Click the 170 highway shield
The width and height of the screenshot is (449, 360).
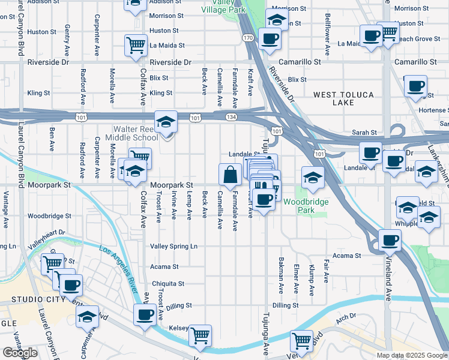(247, 37)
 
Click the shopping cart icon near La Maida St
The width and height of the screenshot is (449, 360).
(136, 45)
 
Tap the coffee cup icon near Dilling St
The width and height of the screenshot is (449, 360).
(144, 314)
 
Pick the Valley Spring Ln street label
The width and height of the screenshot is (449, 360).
(173, 247)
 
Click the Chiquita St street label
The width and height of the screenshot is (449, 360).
(168, 284)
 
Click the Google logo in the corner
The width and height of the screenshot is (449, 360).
(20, 353)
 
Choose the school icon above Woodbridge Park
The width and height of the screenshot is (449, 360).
(312, 177)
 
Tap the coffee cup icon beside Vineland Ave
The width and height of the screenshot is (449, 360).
(390, 241)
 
